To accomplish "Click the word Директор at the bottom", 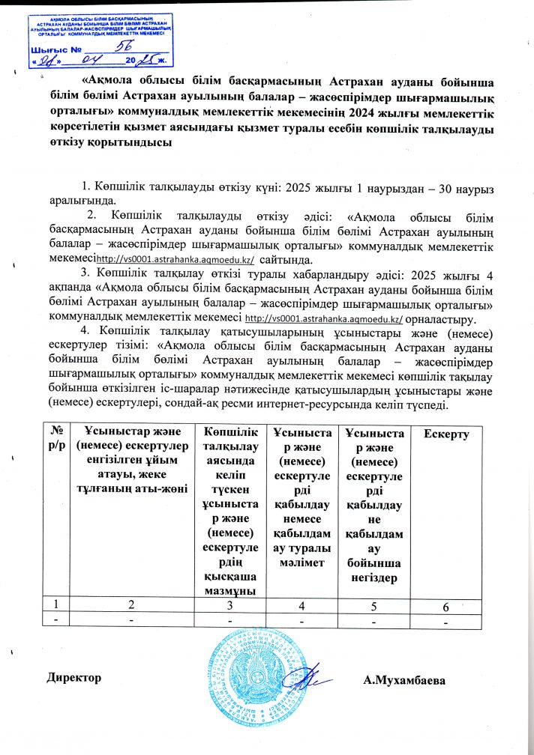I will (x=73, y=677).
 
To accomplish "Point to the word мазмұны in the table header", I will (x=230, y=589).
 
